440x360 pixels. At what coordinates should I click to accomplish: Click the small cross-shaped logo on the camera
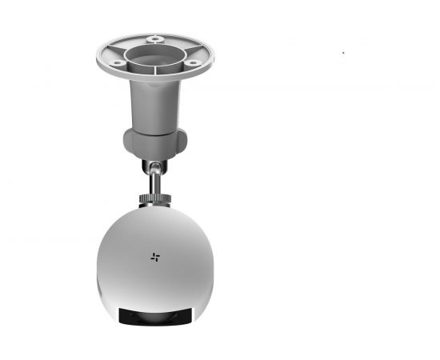(155, 257)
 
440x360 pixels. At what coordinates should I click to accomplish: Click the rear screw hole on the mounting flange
(154, 38)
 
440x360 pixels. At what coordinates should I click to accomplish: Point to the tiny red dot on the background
(343, 53)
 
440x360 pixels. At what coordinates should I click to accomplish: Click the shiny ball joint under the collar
(152, 166)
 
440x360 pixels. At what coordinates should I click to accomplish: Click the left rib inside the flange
(120, 53)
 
